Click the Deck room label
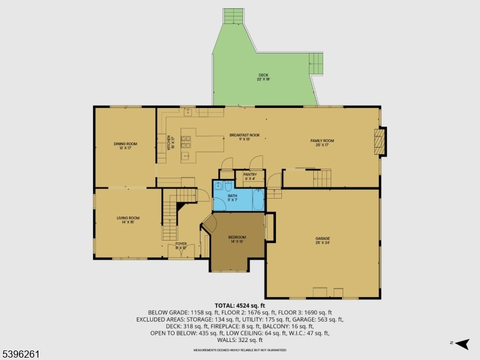point(263,76)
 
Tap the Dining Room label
point(126,145)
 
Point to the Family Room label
point(322,142)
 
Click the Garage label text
point(323,240)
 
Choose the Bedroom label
point(237,239)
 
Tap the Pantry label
point(250,176)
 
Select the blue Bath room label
point(232,197)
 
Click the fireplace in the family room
point(377,142)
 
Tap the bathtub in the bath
point(259,200)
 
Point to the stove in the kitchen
point(187,142)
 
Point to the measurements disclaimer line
point(240,350)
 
